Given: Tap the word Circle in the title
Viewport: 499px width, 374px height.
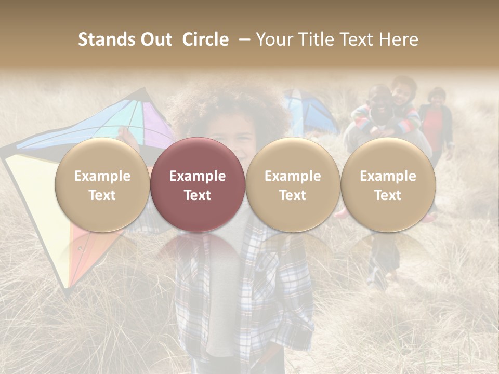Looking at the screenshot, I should click(x=205, y=39).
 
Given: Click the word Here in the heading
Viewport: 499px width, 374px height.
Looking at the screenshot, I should click(x=400, y=39).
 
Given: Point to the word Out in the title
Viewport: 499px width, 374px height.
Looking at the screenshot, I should click(x=155, y=39).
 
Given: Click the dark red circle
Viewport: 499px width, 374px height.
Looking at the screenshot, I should click(x=198, y=184).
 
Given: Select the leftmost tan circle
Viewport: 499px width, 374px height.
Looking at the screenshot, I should click(x=102, y=184).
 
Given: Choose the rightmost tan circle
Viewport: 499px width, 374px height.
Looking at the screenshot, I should click(x=388, y=184).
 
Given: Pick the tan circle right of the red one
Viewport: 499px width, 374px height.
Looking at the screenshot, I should click(x=293, y=184).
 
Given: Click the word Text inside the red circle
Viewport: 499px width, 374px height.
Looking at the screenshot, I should click(x=198, y=195).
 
